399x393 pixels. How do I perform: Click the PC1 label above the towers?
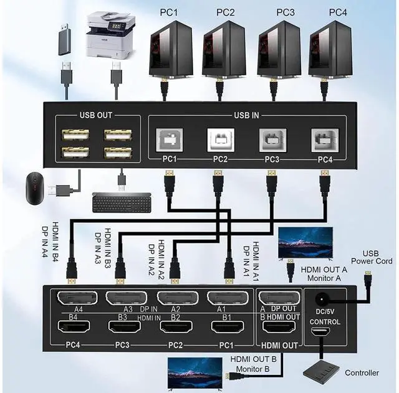(x=170, y=12)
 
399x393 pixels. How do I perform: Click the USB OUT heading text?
(x=96, y=116)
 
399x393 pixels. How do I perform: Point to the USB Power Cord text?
(x=370, y=257)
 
